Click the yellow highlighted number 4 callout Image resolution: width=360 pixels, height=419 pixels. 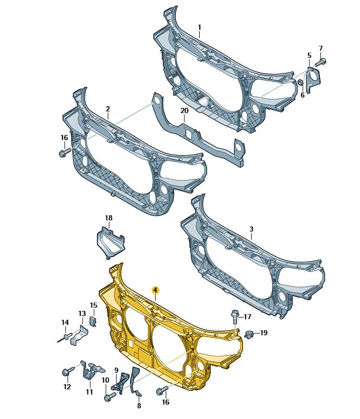[x=155, y=290]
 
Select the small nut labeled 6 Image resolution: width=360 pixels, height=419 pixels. [x=300, y=82]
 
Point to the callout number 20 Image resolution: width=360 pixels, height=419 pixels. [x=184, y=111]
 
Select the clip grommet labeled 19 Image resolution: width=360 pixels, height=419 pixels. [x=250, y=334]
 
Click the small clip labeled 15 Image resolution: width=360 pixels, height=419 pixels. [x=93, y=321]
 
